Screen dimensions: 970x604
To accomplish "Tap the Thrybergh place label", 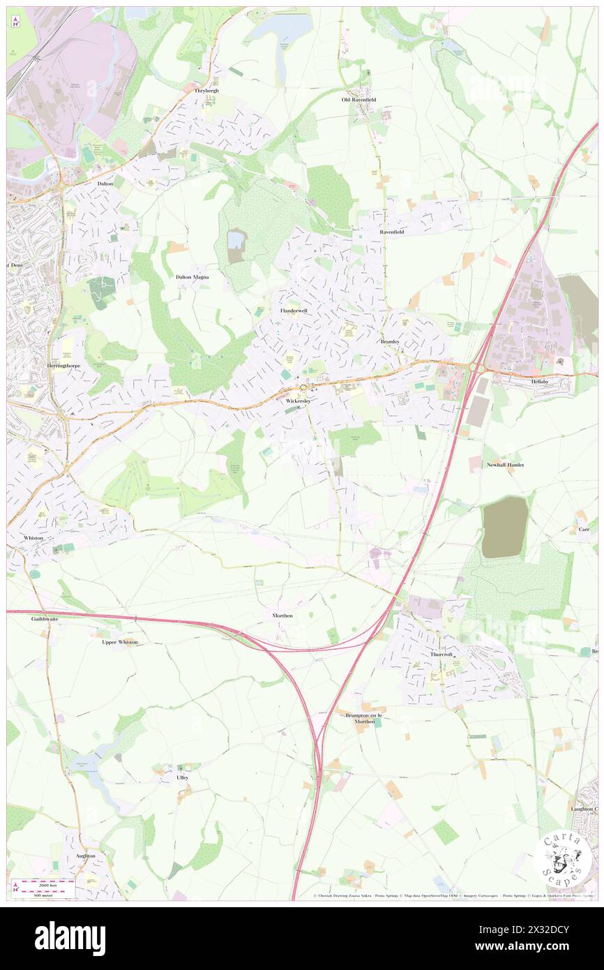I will pyautogui.click(x=206, y=91).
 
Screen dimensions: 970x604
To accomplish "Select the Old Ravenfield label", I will pyautogui.click(x=358, y=100).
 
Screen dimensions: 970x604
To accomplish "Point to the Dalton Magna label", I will pyautogui.click(x=192, y=277).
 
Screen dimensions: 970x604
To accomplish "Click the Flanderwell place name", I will pyautogui.click(x=294, y=311).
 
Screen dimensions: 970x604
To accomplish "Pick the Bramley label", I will pyautogui.click(x=392, y=342).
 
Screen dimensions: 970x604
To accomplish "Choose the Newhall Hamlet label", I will pyautogui.click(x=505, y=465).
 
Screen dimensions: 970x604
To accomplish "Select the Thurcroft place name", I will pyautogui.click(x=441, y=654).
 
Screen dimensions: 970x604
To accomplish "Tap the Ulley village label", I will pyautogui.click(x=183, y=777).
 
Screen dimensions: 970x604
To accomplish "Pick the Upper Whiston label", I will pyautogui.click(x=120, y=642).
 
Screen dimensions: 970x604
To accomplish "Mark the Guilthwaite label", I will pyautogui.click(x=45, y=618).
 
